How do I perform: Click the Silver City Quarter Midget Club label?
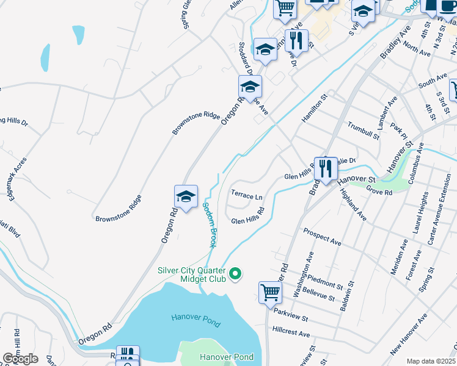pyautogui.click(x=192, y=274)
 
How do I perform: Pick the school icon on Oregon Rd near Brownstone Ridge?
pyautogui.click(x=186, y=196)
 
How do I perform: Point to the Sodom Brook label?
pyautogui.click(x=208, y=225)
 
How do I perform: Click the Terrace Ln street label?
pyautogui.click(x=247, y=197)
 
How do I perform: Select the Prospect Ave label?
pyautogui.click(x=322, y=237)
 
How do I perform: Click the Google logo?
pyautogui.click(x=20, y=359)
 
